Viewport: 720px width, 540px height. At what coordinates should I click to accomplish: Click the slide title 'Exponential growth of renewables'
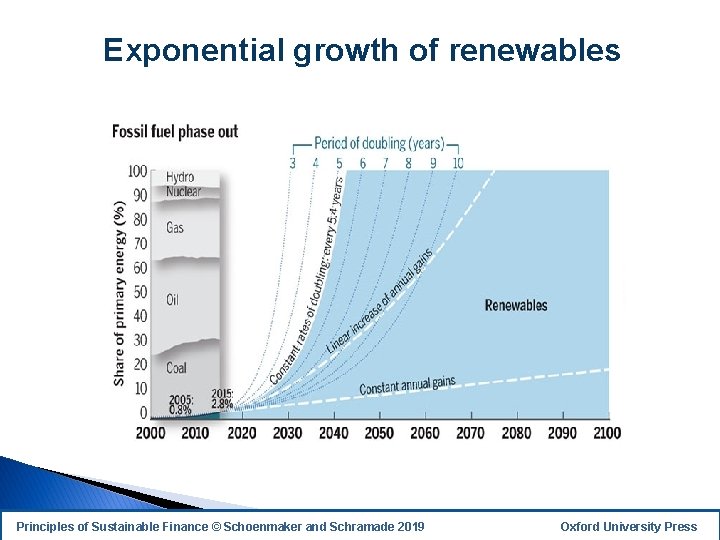click(x=361, y=50)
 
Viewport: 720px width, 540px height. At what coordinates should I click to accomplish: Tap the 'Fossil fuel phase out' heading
click(x=175, y=132)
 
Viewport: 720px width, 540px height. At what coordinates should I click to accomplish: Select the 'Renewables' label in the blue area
click(x=516, y=305)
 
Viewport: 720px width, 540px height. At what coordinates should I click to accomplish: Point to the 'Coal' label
click(x=176, y=368)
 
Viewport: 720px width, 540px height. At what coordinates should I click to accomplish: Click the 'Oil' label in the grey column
click(x=172, y=300)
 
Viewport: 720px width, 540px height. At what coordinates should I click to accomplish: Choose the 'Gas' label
click(x=175, y=228)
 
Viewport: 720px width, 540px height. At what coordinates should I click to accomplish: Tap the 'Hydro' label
click(x=180, y=178)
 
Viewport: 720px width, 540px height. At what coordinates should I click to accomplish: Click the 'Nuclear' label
click(x=183, y=191)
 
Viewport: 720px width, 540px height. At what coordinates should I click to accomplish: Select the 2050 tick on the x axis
click(x=379, y=433)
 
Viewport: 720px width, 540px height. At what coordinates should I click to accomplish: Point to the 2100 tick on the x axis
click(x=606, y=433)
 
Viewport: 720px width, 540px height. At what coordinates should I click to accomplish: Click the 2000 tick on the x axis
click(x=150, y=433)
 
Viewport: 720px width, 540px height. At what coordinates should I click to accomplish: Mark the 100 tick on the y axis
click(x=137, y=171)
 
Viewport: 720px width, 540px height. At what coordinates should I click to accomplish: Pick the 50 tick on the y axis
click(x=140, y=292)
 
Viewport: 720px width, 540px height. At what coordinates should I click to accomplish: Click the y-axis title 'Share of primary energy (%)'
click(x=120, y=293)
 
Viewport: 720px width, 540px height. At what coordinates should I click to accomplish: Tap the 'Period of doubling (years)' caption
click(x=379, y=143)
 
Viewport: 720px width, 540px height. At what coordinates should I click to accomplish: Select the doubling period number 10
click(x=458, y=162)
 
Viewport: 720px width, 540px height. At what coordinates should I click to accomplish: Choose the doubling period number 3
click(x=292, y=162)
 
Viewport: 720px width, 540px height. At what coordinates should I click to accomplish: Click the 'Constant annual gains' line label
click(x=407, y=385)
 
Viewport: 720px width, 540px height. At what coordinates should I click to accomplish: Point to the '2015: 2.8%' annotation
click(x=222, y=399)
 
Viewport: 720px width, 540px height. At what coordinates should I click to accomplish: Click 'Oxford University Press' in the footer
click(x=629, y=527)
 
